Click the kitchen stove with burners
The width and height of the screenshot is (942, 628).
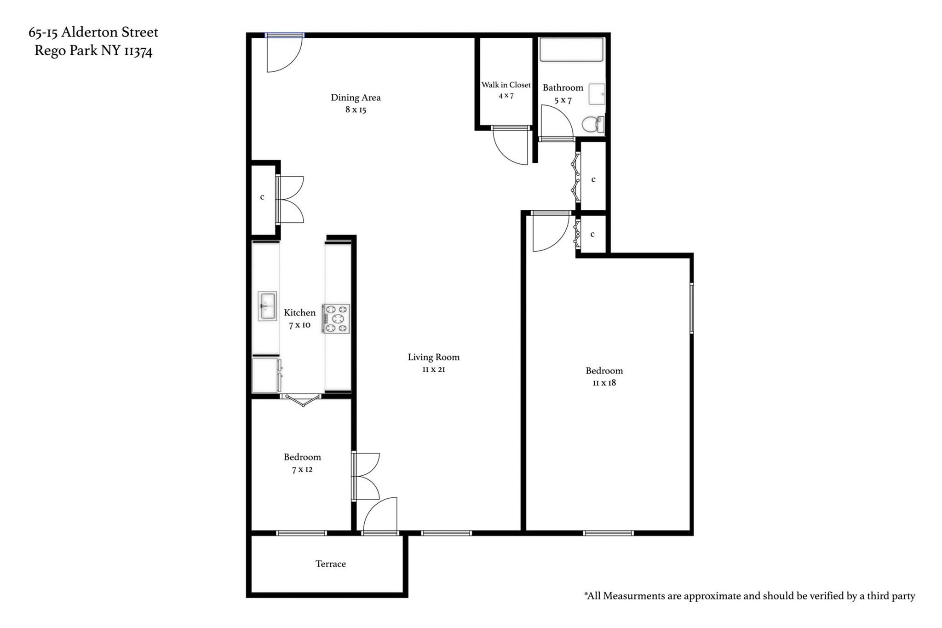[336, 319]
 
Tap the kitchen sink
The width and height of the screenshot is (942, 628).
[267, 306]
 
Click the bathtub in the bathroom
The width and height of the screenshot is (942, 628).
[571, 50]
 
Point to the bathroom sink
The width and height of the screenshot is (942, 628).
[597, 94]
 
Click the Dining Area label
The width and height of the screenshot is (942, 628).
[356, 98]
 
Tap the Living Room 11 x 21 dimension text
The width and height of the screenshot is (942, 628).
[433, 369]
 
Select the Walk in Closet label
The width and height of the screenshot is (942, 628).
[506, 85]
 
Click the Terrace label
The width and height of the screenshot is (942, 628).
[330, 564]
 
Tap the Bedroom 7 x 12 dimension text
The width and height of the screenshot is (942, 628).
[302, 470]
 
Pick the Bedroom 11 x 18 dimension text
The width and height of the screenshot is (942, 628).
[604, 383]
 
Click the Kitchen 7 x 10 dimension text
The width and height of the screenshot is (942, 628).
[299, 325]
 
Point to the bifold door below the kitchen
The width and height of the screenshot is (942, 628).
[302, 399]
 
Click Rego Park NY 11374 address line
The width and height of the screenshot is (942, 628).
[93, 51]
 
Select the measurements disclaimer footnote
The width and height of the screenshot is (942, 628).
[749, 596]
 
